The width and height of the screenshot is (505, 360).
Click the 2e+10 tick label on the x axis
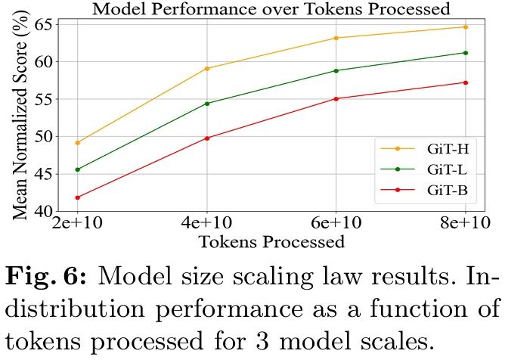pyautogui.click(x=78, y=225)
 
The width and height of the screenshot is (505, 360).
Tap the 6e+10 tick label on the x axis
pyautogui.click(x=336, y=225)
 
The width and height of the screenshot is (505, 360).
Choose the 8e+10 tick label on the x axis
pyautogui.click(x=464, y=225)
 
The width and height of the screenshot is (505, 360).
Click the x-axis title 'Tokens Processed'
pyautogui.click(x=271, y=243)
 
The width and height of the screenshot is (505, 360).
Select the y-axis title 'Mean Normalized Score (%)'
pyautogui.click(x=17, y=117)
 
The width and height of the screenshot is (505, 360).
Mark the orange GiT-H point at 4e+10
pyautogui.click(x=207, y=69)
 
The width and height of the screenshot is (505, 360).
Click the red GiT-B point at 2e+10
pyautogui.click(x=78, y=197)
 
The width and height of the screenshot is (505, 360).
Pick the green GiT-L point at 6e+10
pyautogui.click(x=336, y=70)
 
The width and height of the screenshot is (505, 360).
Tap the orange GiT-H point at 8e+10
pyautogui.click(x=465, y=27)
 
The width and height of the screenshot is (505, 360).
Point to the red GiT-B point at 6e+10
pyautogui.click(x=336, y=98)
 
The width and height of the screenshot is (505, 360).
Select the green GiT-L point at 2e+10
pyautogui.click(x=78, y=169)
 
